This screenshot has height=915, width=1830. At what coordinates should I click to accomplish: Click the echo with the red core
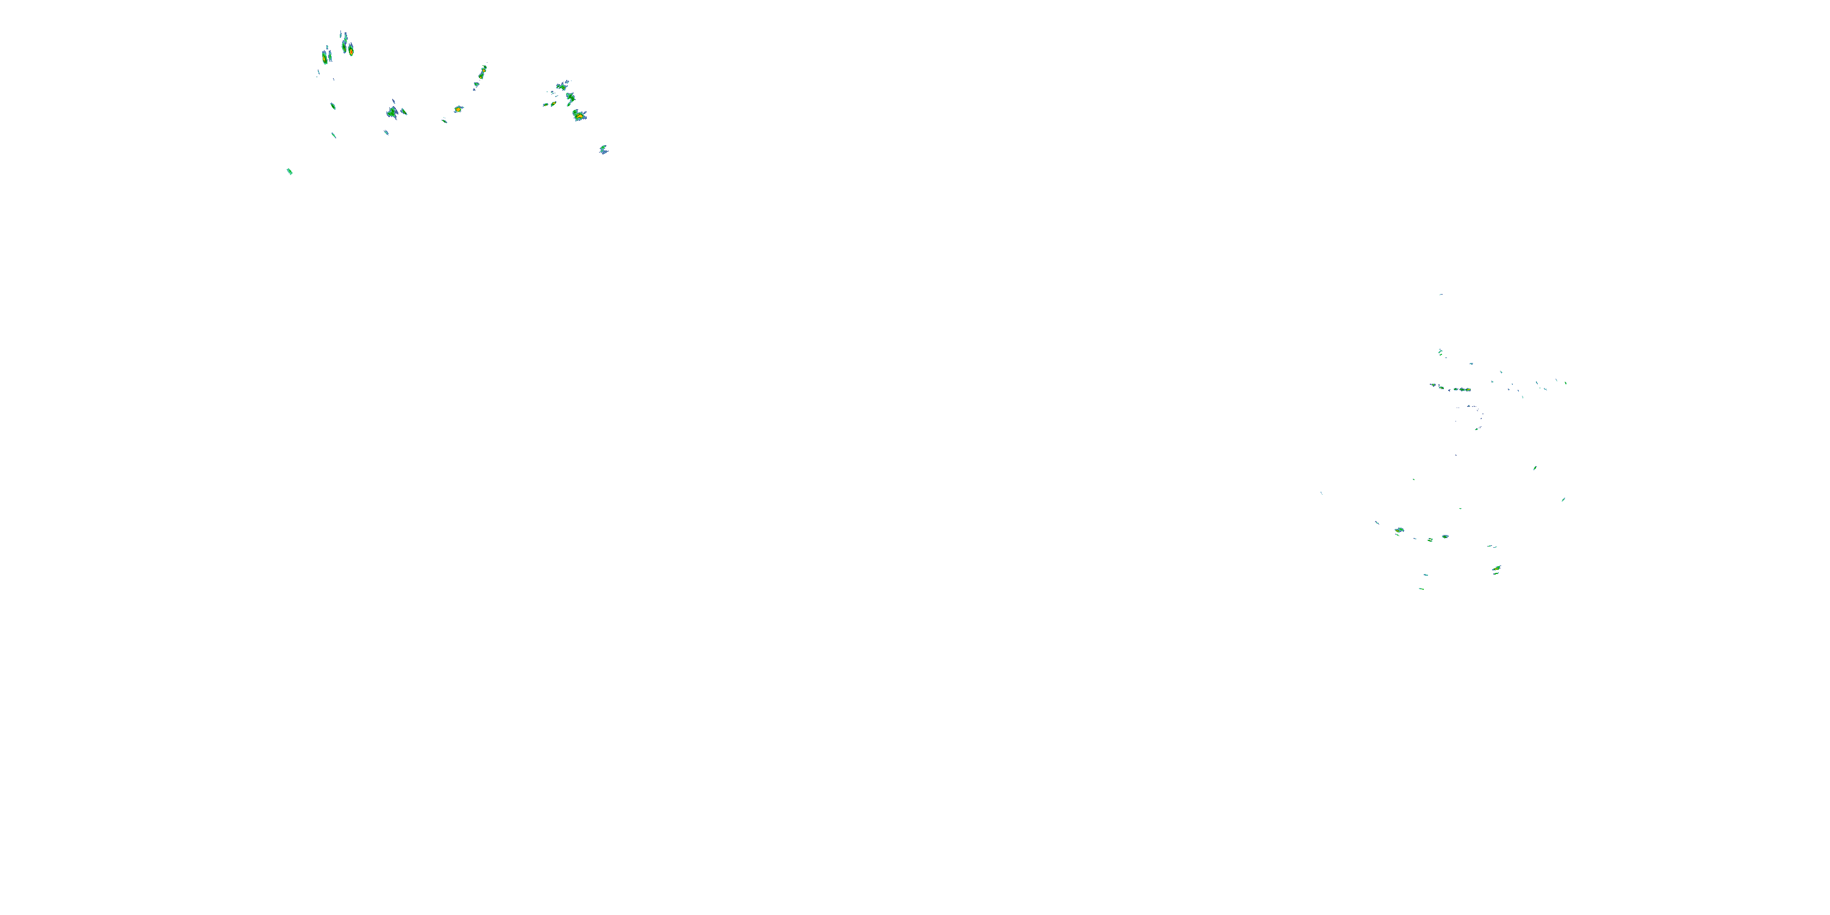pyautogui.click(x=350, y=50)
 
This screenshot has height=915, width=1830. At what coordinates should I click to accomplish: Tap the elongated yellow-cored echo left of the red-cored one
pyautogui.click(x=325, y=57)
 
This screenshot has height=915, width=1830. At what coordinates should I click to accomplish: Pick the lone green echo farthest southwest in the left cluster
pyautogui.click(x=289, y=171)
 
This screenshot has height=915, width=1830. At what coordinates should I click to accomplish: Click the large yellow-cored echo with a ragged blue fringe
pyautogui.click(x=579, y=115)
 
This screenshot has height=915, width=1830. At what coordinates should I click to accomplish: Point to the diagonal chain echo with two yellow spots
pyautogui.click(x=482, y=73)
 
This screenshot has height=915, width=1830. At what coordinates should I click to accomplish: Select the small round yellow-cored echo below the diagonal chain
pyautogui.click(x=458, y=109)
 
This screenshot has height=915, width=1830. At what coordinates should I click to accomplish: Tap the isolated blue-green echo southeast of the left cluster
pyautogui.click(x=603, y=149)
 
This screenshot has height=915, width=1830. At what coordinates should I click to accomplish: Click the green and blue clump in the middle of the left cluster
pyautogui.click(x=392, y=112)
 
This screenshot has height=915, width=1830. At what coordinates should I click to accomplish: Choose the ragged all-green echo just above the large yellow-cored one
pyautogui.click(x=570, y=98)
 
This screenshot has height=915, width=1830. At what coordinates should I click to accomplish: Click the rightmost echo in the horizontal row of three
pyautogui.click(x=1464, y=389)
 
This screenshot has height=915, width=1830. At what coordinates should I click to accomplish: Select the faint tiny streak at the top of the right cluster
pyautogui.click(x=1441, y=294)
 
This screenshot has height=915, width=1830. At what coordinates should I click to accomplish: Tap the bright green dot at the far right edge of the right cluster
pyautogui.click(x=1566, y=383)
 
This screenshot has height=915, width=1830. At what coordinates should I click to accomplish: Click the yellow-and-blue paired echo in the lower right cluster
pyautogui.click(x=1399, y=530)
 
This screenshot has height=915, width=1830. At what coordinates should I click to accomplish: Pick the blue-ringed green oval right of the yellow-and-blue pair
pyautogui.click(x=1444, y=536)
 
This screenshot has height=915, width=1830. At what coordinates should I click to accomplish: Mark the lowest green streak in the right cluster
pyautogui.click(x=1421, y=588)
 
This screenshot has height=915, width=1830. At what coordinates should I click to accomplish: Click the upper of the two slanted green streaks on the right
pyautogui.click(x=1535, y=467)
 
